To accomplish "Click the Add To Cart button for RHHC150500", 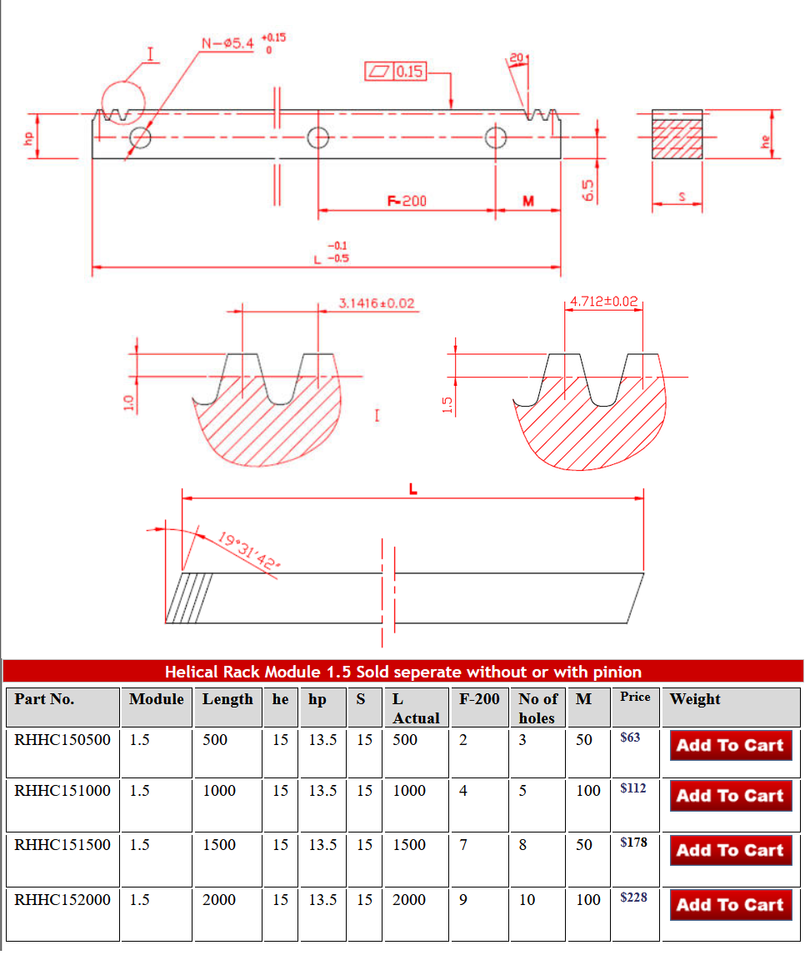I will point(730,745).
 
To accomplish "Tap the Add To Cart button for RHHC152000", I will point(730,904).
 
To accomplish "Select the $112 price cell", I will point(633,788).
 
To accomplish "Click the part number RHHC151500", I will point(62,844).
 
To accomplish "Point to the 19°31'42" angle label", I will point(249,551).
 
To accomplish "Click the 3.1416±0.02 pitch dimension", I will point(377,303).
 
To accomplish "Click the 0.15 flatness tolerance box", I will point(396,72).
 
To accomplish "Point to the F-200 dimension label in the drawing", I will point(406,201).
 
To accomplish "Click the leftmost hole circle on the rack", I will point(140,138).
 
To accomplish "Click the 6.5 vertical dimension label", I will point(589,188).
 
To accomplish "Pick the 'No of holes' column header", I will point(537,708).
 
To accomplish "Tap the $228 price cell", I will point(633,897).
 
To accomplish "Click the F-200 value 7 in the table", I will point(463,844).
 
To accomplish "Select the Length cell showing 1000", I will point(219,790).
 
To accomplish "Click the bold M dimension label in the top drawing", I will point(528,201).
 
